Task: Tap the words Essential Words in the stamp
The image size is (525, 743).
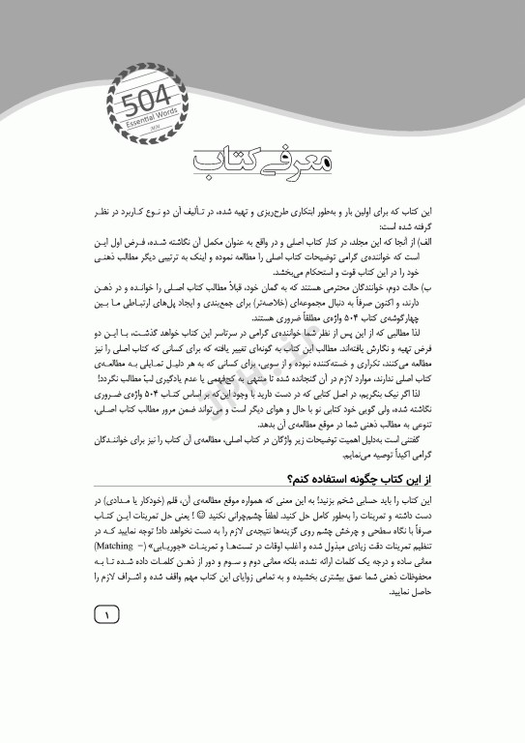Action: (147, 113)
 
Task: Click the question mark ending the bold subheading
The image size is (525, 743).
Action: (287, 480)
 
